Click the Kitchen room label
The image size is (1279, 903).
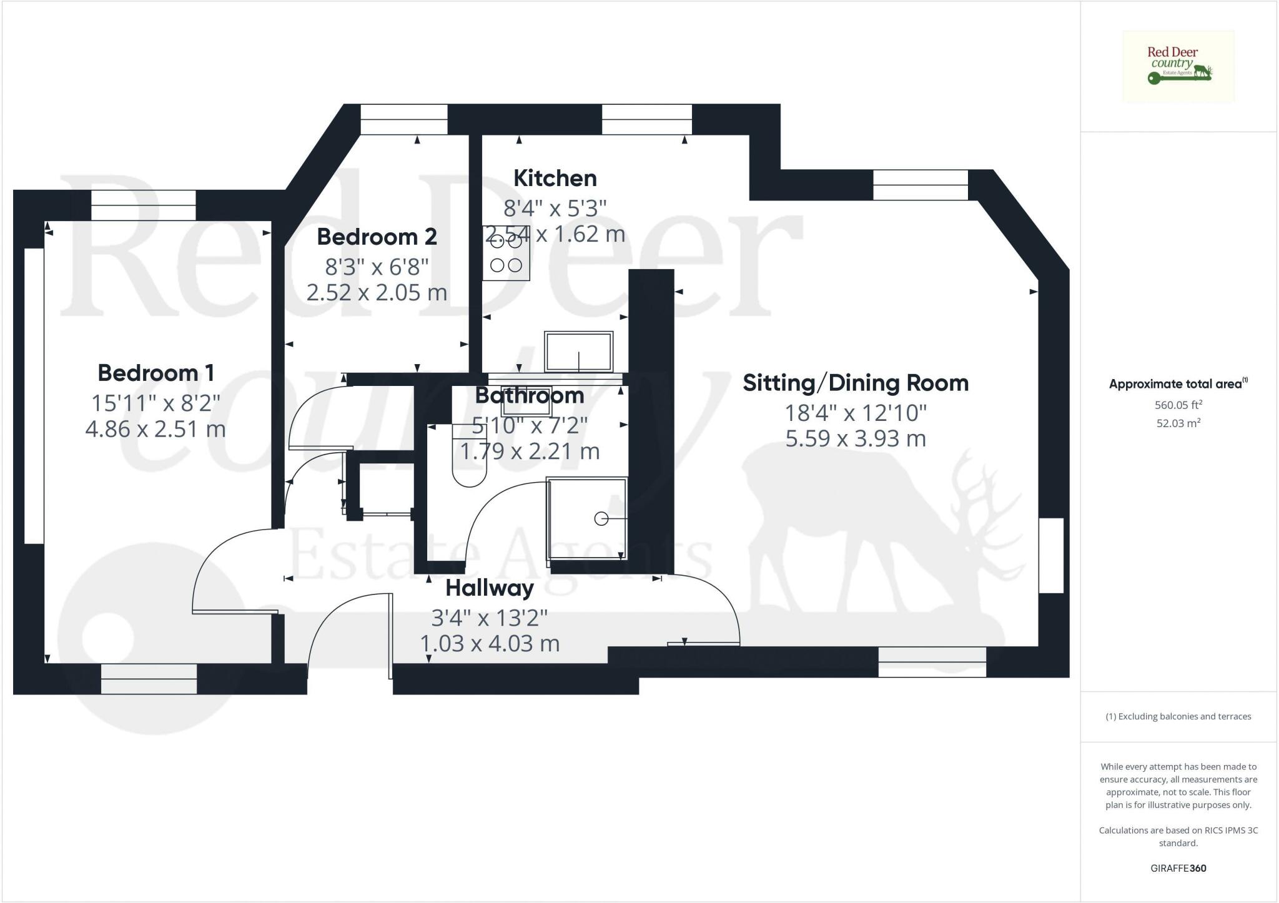(555, 179)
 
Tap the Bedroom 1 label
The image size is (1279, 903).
(156, 373)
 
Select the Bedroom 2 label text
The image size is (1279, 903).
(377, 237)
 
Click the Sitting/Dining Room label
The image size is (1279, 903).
(855, 383)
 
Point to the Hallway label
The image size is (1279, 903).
(490, 588)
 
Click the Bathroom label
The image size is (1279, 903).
(529, 395)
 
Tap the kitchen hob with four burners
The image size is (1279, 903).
(506, 254)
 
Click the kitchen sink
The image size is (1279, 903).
(578, 352)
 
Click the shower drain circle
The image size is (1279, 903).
(601, 518)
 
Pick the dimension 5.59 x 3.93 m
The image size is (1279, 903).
(855, 439)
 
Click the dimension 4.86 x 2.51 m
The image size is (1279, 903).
(156, 430)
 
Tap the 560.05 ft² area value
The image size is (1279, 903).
(1178, 405)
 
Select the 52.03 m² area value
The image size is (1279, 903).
(1178, 423)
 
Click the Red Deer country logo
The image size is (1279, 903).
(1178, 66)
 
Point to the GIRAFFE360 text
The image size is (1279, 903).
(1178, 868)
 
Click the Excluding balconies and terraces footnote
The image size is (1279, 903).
(1178, 716)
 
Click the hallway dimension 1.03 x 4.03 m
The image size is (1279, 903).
(490, 644)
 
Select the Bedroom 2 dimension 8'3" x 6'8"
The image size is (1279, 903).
(377, 267)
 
